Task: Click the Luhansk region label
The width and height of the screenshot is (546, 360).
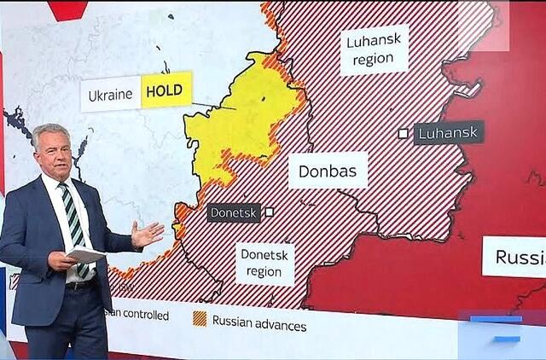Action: pyautogui.click(x=374, y=49)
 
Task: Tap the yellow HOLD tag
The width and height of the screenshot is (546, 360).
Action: pyautogui.click(x=166, y=90)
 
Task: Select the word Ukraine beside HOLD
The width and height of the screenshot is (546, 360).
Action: pyautogui.click(x=111, y=95)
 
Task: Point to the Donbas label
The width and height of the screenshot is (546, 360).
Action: pyautogui.click(x=328, y=170)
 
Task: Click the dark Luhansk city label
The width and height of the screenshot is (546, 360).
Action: pyautogui.click(x=449, y=132)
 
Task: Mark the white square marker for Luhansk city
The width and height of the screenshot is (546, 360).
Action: pyautogui.click(x=404, y=133)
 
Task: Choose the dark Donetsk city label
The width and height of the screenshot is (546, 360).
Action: pyautogui.click(x=234, y=212)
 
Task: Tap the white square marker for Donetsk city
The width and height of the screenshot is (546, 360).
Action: pyautogui.click(x=269, y=212)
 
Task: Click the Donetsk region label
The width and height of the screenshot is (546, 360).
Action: pyautogui.click(x=264, y=263)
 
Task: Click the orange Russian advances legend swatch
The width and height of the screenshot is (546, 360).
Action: pyautogui.click(x=199, y=319)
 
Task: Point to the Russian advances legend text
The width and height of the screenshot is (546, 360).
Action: pyautogui.click(x=259, y=323)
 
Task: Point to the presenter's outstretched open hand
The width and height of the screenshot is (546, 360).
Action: pyautogui.click(x=147, y=233)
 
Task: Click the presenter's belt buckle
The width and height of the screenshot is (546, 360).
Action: pyautogui.click(x=82, y=284)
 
